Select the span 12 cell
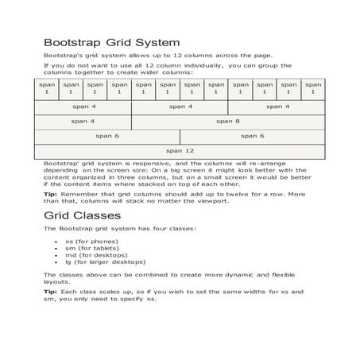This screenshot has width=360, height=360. point(179,149)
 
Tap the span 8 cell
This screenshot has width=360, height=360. point(227,121)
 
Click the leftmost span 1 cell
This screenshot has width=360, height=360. point(46,87)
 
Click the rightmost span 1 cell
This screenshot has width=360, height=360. point(313,87)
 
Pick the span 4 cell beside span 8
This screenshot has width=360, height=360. point(83,121)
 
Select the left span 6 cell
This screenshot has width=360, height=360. point(106,135)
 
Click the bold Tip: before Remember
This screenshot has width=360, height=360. point(49,194)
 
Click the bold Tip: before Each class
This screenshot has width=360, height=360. point(49,292)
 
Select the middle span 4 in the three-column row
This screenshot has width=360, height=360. point(179,106)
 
